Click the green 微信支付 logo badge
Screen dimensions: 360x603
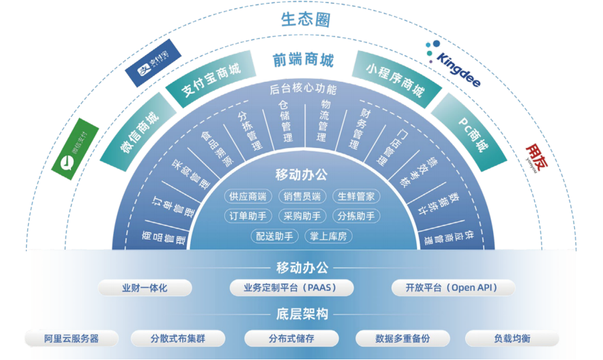click(x=75, y=149)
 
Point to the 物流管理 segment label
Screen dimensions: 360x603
click(x=323, y=121)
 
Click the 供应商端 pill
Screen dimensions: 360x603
click(x=248, y=196)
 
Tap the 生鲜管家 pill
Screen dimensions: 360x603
click(x=356, y=196)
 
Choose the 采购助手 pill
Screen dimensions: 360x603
click(x=302, y=216)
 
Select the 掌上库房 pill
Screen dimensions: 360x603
click(x=328, y=236)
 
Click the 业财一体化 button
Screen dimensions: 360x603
click(x=145, y=288)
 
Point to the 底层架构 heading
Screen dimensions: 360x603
click(x=302, y=314)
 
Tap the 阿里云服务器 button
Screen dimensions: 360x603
click(x=72, y=339)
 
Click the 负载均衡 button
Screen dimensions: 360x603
click(x=512, y=339)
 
